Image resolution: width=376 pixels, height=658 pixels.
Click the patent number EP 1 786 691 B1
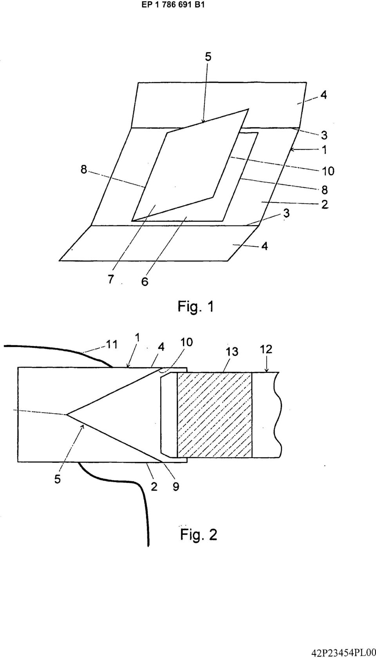pyautogui.click(x=173, y=5)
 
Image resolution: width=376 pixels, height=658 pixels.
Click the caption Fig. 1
pyautogui.click(x=195, y=307)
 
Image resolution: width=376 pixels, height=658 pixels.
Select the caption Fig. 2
pyautogui.click(x=199, y=534)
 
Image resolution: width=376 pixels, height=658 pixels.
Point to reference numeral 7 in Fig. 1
pyautogui.click(x=110, y=279)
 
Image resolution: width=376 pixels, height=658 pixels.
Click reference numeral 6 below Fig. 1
pyautogui.click(x=145, y=282)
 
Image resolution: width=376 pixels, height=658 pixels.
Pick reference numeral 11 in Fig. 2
pyautogui.click(x=112, y=344)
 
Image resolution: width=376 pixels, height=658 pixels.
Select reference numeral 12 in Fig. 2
pyautogui.click(x=266, y=349)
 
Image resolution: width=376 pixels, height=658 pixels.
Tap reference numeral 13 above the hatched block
pyautogui.click(x=232, y=351)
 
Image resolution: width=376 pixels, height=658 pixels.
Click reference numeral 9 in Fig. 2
pyautogui.click(x=176, y=487)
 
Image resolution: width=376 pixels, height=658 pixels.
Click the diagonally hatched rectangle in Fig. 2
pyautogui.click(x=214, y=415)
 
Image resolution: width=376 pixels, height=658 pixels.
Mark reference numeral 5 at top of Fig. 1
pyautogui.click(x=208, y=57)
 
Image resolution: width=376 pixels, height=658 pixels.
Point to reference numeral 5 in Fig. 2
pyautogui.click(x=58, y=479)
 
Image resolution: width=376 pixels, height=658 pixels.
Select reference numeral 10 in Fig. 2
pyautogui.click(x=186, y=342)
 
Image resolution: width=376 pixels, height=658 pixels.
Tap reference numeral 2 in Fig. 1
pyautogui.click(x=325, y=204)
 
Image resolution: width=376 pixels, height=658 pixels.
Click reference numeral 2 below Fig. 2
pyautogui.click(x=154, y=487)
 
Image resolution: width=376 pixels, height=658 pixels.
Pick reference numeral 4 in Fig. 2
pyautogui.click(x=161, y=347)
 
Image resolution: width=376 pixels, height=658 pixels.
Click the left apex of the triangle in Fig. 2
pyautogui.click(x=67, y=414)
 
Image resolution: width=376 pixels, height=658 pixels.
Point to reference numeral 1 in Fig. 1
pyautogui.click(x=324, y=150)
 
